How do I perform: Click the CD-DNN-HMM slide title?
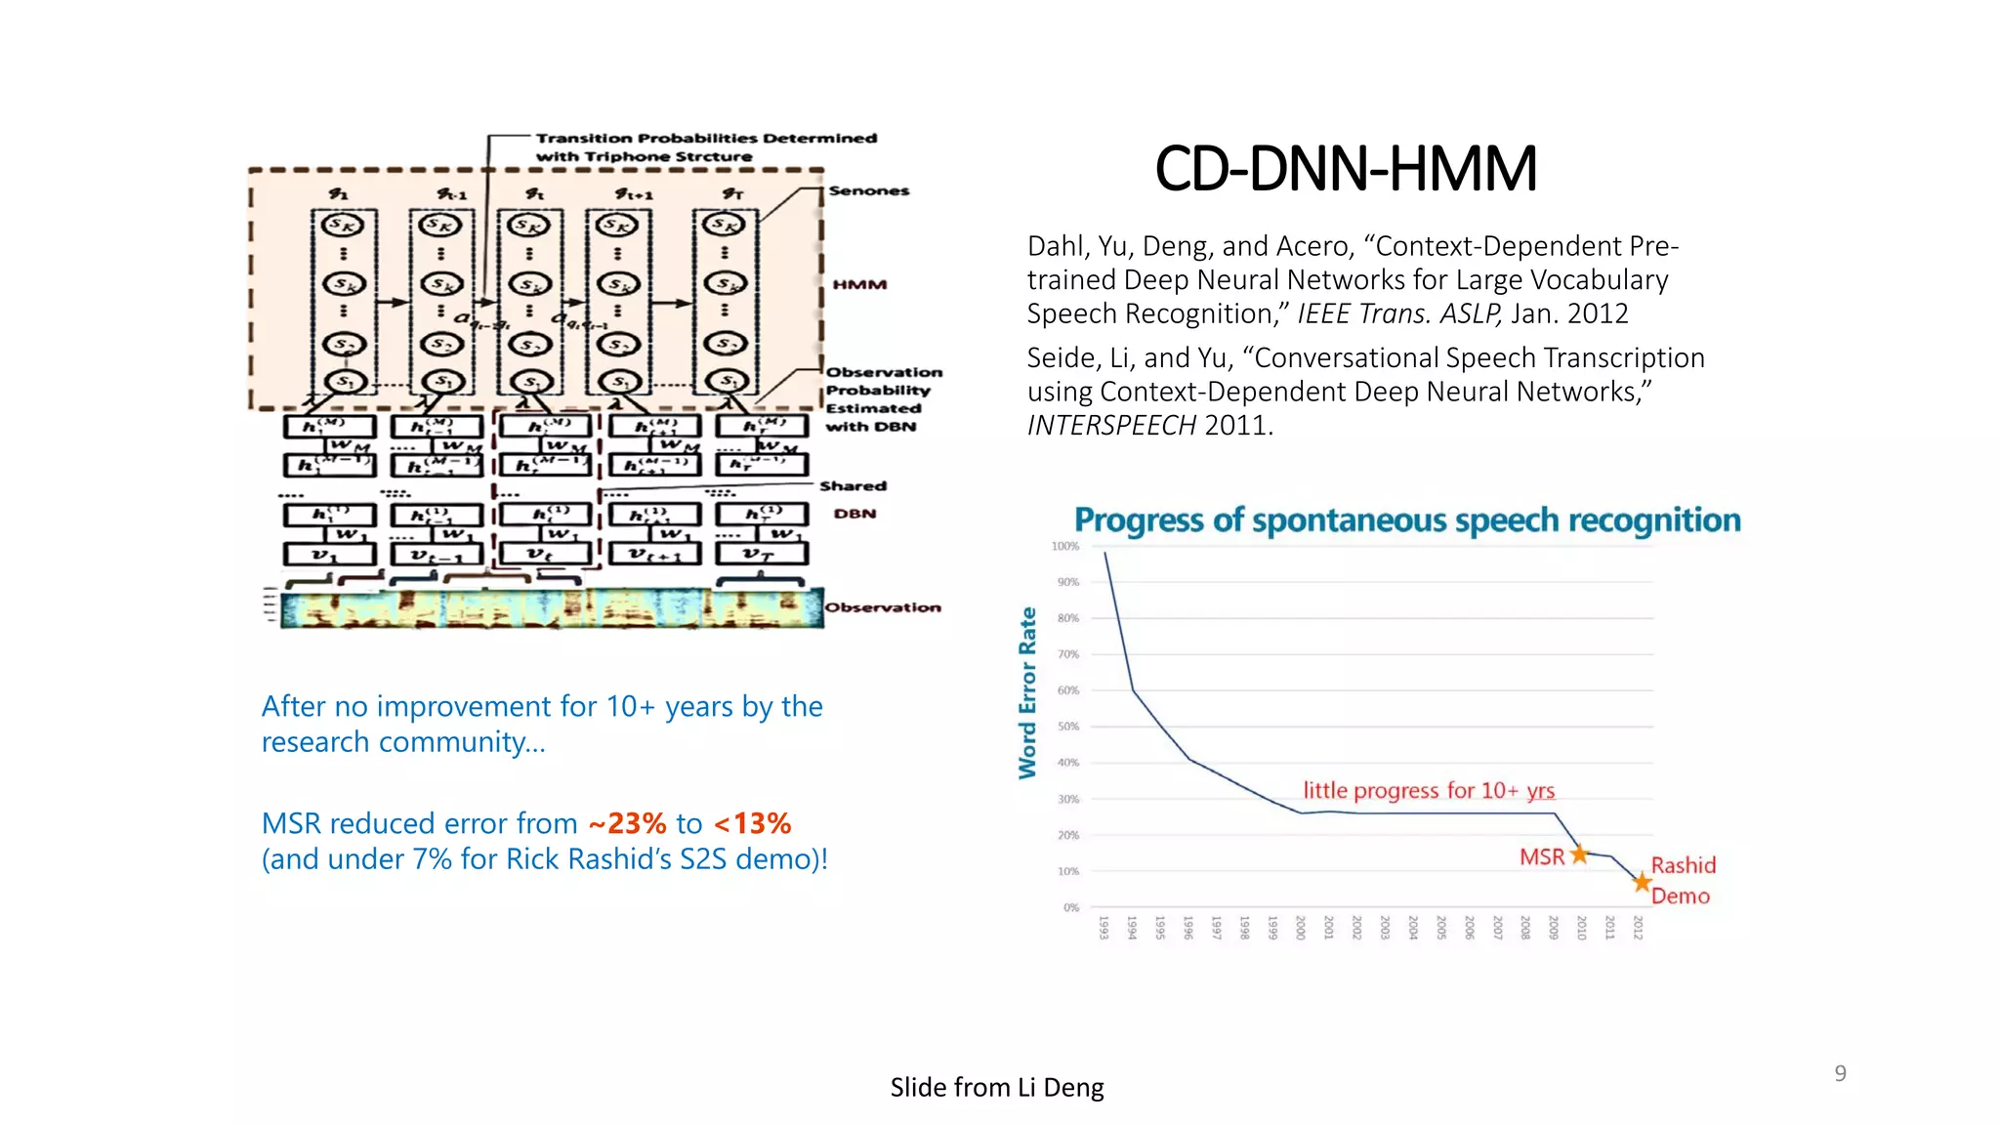(1345, 168)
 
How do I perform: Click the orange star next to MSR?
(1579, 854)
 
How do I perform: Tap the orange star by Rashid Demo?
(1643, 883)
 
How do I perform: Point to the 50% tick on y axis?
(1068, 727)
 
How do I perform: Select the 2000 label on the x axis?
(1300, 928)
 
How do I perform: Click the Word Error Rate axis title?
(1027, 692)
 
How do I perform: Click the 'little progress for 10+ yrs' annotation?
(1428, 790)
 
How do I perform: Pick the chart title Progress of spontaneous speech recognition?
(1406, 521)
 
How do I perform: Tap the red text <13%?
(752, 823)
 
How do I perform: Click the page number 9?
(1840, 1073)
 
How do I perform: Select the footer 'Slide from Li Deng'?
(996, 1087)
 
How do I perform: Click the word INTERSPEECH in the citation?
(1111, 426)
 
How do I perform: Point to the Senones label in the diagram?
(868, 190)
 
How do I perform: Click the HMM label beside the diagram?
(859, 284)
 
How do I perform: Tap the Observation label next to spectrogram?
(883, 607)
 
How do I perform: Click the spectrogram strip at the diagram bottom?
(552, 608)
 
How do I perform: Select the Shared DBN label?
(854, 499)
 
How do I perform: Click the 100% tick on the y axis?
(1064, 546)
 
